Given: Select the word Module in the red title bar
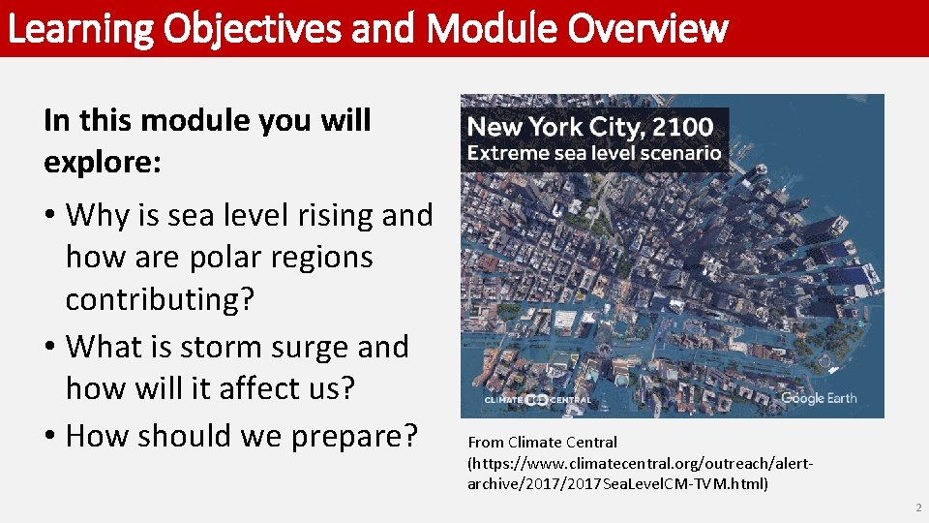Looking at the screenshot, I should point(493,29).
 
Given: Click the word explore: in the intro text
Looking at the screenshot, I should point(103,163).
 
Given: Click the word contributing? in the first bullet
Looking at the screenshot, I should point(160,300).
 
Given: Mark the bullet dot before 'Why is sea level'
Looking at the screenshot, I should point(50,216).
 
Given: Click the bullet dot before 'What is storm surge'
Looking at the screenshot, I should point(50,347).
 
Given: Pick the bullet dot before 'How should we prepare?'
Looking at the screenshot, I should point(50,436).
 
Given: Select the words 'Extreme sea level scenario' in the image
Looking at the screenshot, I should point(594,153).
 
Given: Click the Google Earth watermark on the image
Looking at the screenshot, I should point(819,398).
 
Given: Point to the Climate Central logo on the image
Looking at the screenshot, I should point(537,399).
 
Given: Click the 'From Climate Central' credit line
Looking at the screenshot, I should point(542,443).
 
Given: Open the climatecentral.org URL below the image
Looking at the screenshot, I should point(639,473).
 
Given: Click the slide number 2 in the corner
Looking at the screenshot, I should point(917,508).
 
